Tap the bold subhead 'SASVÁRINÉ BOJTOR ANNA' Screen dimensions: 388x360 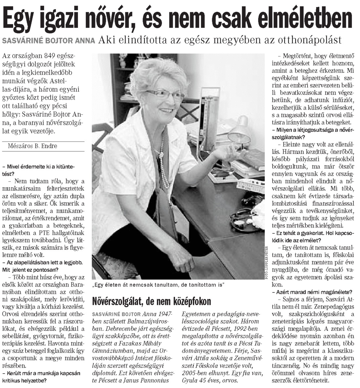[49, 41]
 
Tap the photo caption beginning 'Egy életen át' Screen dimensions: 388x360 [158, 285]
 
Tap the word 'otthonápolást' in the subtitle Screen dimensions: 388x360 [313, 40]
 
